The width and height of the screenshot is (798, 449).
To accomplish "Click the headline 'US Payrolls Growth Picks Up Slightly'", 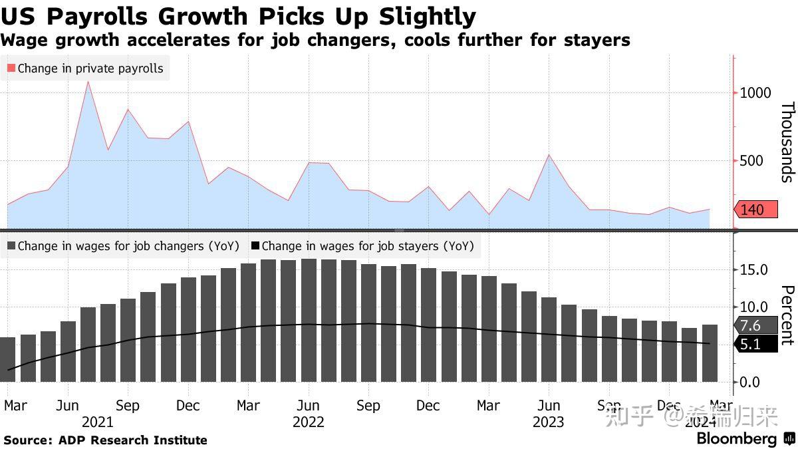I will [239, 16].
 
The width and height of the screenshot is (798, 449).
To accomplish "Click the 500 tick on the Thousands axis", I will [751, 160].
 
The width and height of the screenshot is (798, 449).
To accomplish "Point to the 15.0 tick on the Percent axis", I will [755, 270].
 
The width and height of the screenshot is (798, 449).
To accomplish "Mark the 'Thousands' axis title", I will [787, 142].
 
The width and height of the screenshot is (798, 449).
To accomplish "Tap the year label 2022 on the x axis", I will [308, 422].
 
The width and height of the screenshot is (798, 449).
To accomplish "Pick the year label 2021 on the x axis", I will [97, 422].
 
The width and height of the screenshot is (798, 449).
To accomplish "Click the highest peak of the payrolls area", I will [88, 82].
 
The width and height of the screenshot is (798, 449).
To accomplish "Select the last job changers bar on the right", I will [710, 353].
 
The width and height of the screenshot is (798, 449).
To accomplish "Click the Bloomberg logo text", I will [736, 439].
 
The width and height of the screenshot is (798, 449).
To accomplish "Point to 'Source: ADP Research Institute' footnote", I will [106, 440].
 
